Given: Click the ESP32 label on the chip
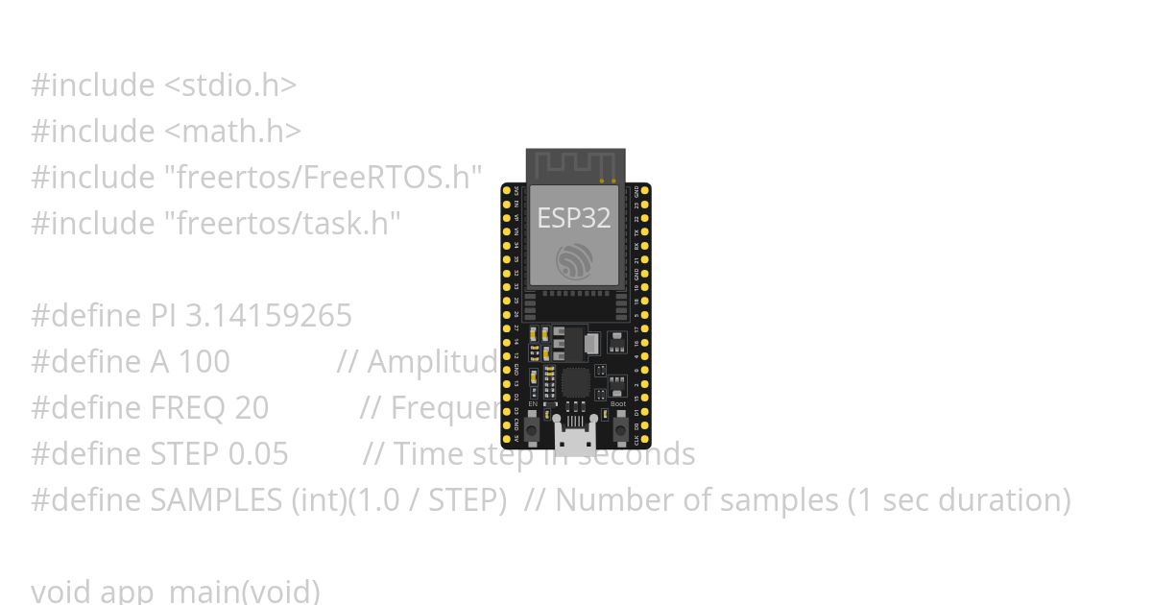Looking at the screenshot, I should [x=573, y=218].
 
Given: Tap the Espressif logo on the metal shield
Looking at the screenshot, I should [x=574, y=261].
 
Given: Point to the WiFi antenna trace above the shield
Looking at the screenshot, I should [x=574, y=165].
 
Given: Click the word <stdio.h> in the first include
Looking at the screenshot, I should [x=230, y=85].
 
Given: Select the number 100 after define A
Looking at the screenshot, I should [x=204, y=362].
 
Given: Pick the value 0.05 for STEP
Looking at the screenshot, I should [x=257, y=454].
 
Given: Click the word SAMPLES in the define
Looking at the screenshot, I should [x=217, y=500].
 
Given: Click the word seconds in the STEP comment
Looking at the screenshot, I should [x=643, y=454].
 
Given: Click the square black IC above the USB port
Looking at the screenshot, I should [x=575, y=382].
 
